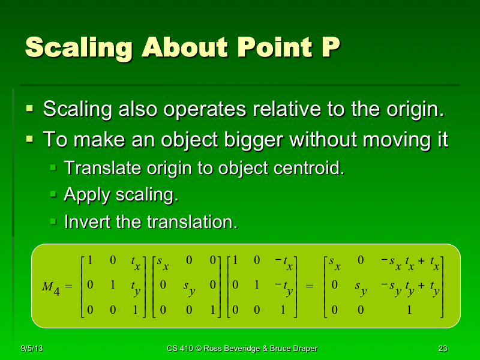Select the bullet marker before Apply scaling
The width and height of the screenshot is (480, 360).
tap(54, 194)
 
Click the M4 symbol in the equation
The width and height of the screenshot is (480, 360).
tap(50, 287)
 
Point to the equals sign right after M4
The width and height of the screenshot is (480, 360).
tap(68, 287)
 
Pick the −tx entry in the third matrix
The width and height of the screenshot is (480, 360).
tap(284, 263)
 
